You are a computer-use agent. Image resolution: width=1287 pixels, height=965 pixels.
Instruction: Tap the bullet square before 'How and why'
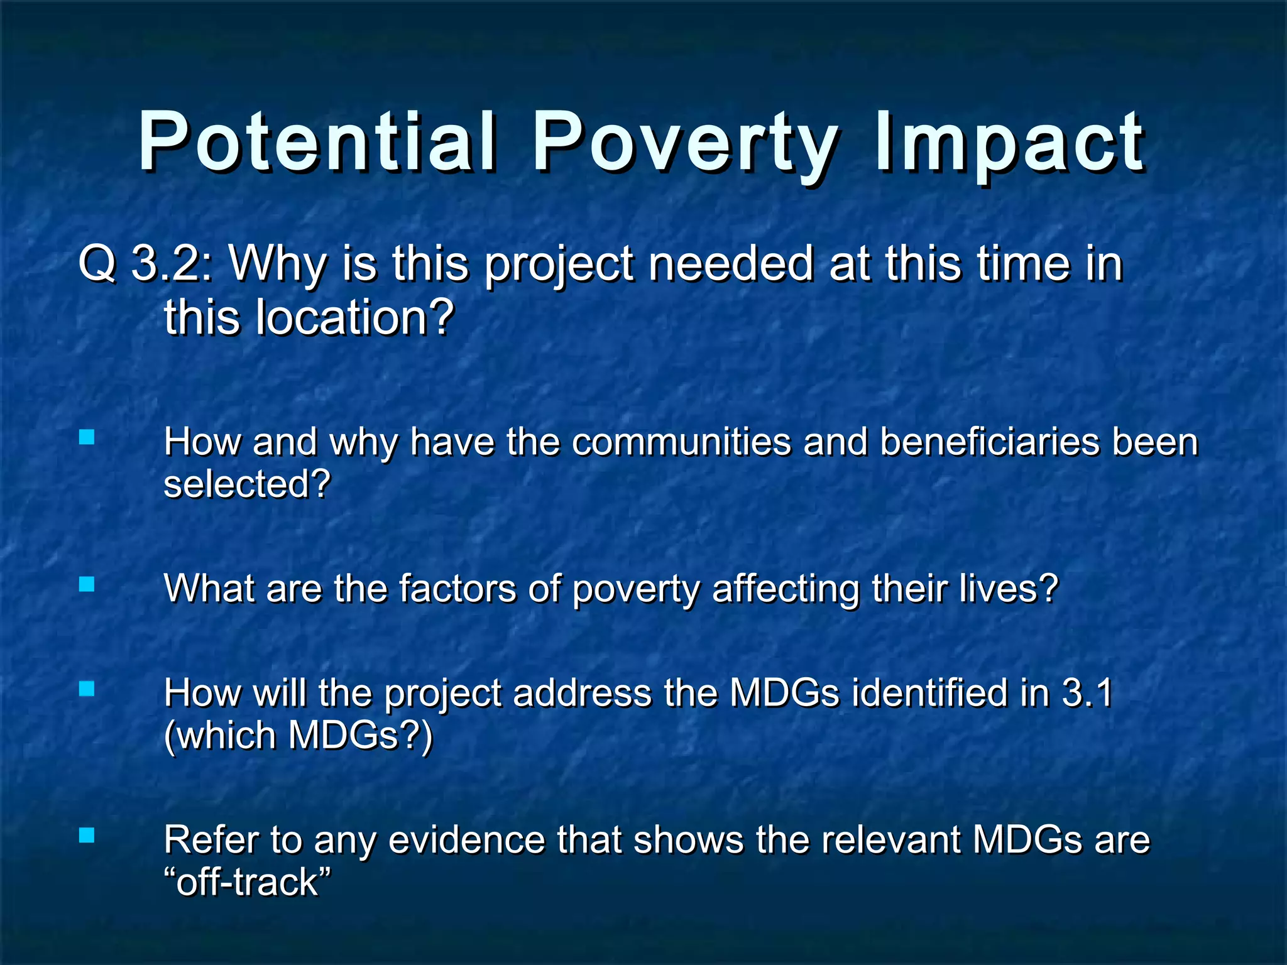pyautogui.click(x=87, y=437)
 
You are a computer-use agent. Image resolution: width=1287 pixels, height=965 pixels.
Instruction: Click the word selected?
pyautogui.click(x=247, y=484)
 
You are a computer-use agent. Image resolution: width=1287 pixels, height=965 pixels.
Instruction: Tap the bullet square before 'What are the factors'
pyautogui.click(x=87, y=585)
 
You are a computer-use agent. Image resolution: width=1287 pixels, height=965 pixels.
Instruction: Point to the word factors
pyautogui.click(x=457, y=589)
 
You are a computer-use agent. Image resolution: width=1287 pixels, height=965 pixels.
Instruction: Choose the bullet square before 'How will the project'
pyautogui.click(x=87, y=689)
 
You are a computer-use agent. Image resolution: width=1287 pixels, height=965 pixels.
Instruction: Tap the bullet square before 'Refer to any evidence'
pyautogui.click(x=87, y=835)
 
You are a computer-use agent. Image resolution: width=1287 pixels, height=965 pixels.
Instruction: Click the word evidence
pyautogui.click(x=466, y=840)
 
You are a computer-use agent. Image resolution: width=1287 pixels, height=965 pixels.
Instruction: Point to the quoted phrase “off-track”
pyautogui.click(x=247, y=882)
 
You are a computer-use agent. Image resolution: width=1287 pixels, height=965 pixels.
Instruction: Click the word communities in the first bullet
pyautogui.click(x=681, y=442)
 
